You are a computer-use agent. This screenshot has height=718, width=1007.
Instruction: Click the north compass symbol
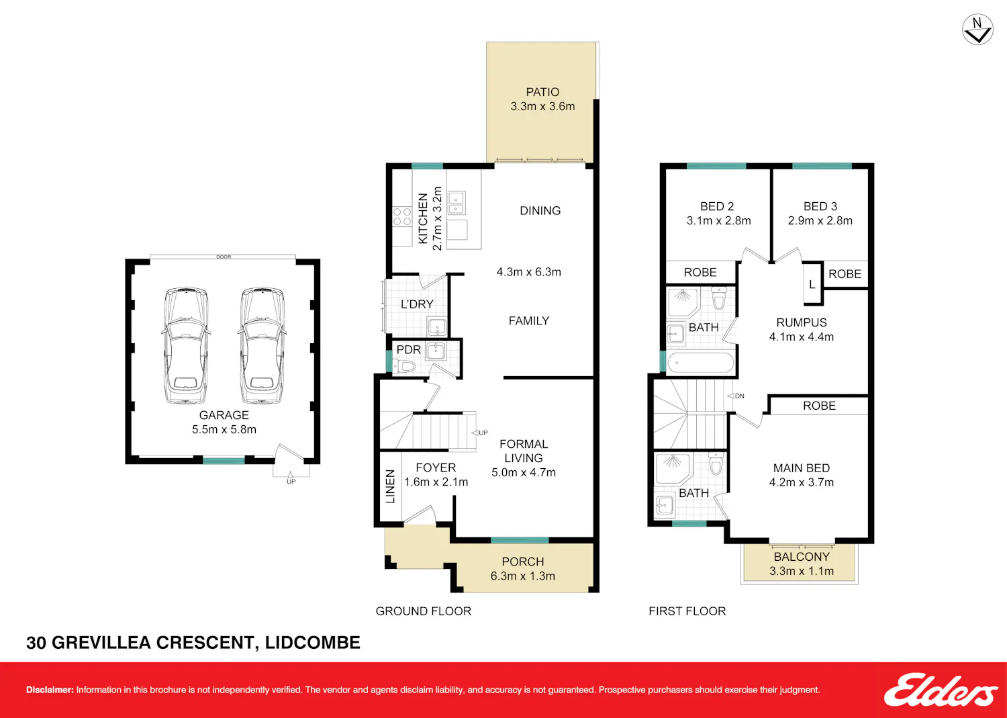click(977, 30)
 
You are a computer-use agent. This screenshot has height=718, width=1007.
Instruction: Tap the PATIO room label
click(542, 92)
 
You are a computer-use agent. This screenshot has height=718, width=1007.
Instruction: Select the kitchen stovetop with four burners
click(402, 216)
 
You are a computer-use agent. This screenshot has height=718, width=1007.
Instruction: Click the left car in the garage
click(186, 345)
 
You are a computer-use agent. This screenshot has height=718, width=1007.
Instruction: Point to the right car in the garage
click(262, 345)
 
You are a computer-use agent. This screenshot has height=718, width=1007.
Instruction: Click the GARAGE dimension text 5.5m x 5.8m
click(224, 430)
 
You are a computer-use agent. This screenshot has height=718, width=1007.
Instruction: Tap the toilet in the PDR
click(403, 366)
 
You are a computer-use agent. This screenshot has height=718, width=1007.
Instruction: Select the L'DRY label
click(417, 304)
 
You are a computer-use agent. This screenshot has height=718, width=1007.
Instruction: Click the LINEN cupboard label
click(390, 486)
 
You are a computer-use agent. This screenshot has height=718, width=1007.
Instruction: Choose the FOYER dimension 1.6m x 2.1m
click(436, 482)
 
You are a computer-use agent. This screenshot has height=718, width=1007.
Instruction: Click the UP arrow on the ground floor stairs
click(480, 433)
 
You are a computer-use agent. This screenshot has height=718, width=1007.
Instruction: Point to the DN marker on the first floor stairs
click(736, 396)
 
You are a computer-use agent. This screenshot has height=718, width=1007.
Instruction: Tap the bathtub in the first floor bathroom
click(701, 363)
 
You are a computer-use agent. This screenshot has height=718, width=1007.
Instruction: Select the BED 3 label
click(820, 206)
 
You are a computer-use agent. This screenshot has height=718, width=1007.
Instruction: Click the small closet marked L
click(812, 284)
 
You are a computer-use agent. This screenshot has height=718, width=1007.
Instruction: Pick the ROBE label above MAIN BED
click(819, 406)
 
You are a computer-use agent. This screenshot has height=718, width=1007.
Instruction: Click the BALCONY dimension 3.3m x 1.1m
click(802, 572)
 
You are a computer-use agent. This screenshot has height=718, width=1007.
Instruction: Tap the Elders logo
click(941, 690)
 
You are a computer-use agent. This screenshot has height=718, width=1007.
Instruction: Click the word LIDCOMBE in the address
click(312, 643)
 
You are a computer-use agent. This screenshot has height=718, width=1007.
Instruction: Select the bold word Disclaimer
click(50, 690)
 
